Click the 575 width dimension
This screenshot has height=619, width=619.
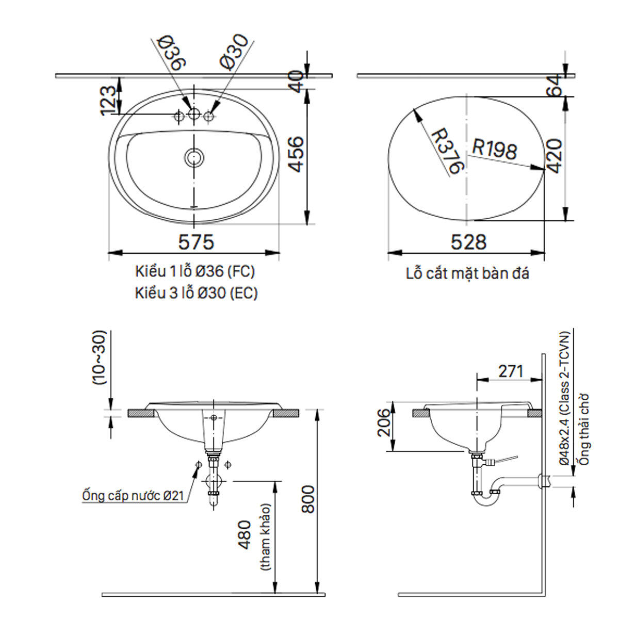tap(196, 241)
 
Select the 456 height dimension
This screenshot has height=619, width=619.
tap(295, 155)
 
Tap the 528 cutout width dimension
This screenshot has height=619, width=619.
tap(468, 241)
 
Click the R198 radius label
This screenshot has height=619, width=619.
tap(494, 150)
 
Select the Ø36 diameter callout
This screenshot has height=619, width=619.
tap(172, 52)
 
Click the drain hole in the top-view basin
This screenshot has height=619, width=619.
tap(194, 157)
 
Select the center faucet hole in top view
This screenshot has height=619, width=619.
tap(194, 115)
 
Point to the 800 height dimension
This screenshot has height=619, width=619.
tap(307, 499)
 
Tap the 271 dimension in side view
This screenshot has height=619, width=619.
tap(511, 371)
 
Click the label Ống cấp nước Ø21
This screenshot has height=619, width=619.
tap(133, 496)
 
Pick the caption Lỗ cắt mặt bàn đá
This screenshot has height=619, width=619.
tap(467, 273)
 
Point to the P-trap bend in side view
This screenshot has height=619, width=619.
tap(487, 496)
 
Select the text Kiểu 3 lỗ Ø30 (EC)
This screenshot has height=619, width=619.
tap(196, 293)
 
